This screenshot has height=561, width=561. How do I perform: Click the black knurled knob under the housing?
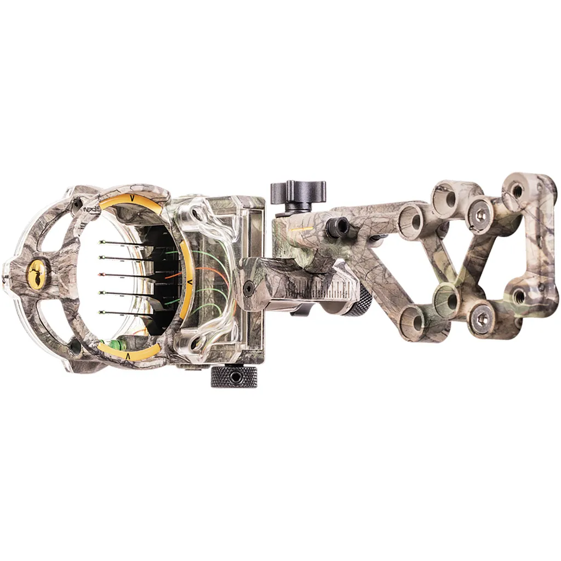tap(234, 377)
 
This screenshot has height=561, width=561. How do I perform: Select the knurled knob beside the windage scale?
tap(359, 302)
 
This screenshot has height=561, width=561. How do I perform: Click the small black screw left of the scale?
tap(249, 287)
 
